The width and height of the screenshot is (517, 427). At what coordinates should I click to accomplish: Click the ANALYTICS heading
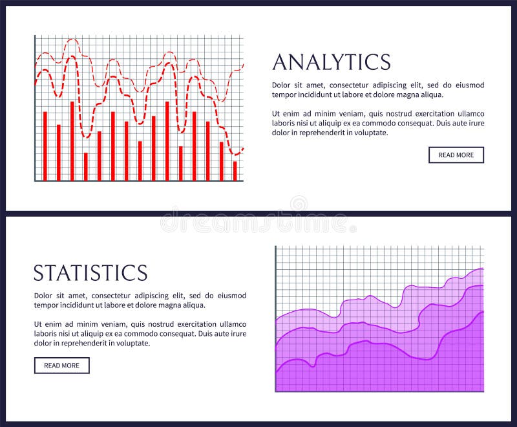pyautogui.click(x=332, y=62)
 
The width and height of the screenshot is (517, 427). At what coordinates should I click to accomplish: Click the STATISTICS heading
pyautogui.click(x=90, y=272)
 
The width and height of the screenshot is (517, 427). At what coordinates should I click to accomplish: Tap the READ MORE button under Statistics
pyautogui.click(x=61, y=366)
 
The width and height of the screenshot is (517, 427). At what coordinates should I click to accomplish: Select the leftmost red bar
pyautogui.click(x=45, y=146)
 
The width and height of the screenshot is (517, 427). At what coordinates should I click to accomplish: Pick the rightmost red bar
pyautogui.click(x=235, y=170)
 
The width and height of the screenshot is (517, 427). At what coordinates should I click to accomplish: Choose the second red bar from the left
pyautogui.click(x=59, y=152)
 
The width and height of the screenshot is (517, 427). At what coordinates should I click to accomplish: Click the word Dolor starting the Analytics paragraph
pyautogui.click(x=282, y=85)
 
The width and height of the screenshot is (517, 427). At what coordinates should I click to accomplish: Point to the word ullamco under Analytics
pyautogui.click(x=470, y=113)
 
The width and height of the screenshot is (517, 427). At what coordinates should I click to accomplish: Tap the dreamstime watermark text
pyautogui.click(x=258, y=223)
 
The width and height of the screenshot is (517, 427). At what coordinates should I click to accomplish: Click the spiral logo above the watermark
pyautogui.click(x=299, y=204)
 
